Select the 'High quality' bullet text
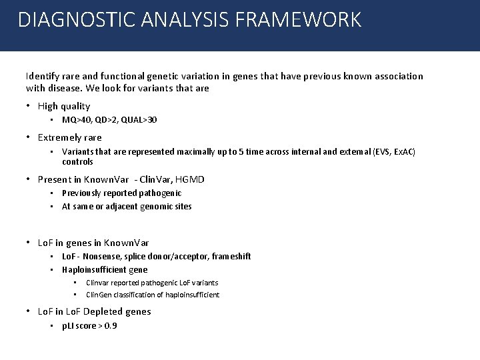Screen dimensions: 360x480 pos(64,106)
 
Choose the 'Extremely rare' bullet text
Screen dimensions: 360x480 pos(70,138)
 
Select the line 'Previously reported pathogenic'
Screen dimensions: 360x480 pos(121,193)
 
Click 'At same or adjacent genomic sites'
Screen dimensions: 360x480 pos(127,207)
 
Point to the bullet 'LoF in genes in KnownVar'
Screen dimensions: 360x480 pos(93,243)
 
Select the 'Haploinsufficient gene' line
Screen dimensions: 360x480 pos(105,270)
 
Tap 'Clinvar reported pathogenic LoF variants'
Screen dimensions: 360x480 pos(152,283)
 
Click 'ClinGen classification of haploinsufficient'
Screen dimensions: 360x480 pos(153,295)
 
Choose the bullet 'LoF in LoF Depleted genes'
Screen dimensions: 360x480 pos(95,311)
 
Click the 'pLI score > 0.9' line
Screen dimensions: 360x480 pos(89,325)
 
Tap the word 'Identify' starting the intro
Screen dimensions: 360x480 pos(42,76)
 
